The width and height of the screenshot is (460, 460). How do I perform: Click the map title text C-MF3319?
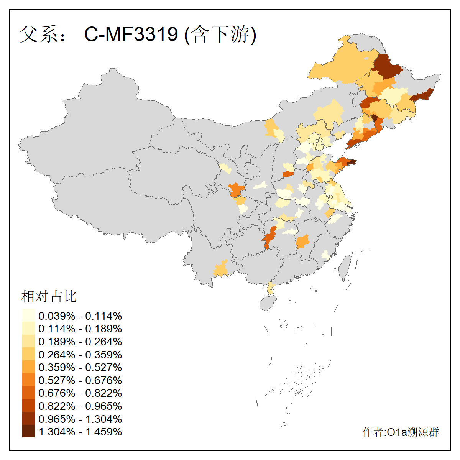(x=131, y=34)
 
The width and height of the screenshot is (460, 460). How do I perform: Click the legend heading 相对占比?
(x=49, y=296)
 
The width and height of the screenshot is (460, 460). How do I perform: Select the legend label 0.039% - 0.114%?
(x=80, y=316)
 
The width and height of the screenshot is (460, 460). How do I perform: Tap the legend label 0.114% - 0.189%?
(x=80, y=329)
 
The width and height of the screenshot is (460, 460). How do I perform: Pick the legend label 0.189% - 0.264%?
(x=80, y=342)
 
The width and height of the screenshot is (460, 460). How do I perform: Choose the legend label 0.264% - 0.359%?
(x=80, y=355)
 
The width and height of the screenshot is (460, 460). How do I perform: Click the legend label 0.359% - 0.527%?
(x=80, y=367)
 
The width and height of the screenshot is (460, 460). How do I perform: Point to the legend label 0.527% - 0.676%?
(x=80, y=380)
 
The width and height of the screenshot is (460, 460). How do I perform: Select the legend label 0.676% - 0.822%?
(x=80, y=393)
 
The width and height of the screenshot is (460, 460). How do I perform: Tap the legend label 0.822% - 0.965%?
(x=80, y=406)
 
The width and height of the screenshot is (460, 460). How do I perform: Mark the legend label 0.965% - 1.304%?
(x=80, y=419)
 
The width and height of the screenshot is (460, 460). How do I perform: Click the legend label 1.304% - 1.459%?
(x=80, y=432)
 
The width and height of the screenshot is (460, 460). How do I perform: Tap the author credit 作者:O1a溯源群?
(x=401, y=432)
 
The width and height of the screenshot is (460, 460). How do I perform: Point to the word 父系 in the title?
(x=38, y=34)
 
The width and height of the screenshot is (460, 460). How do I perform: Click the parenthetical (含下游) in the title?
(x=220, y=34)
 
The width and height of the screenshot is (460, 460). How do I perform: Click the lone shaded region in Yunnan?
(x=221, y=268)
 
